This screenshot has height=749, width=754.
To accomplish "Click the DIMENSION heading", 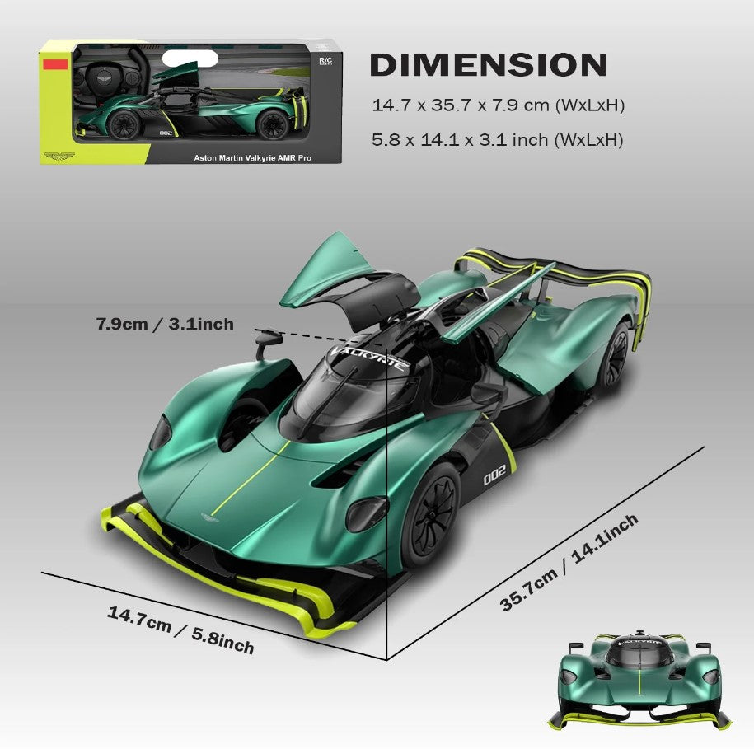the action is click(488, 65).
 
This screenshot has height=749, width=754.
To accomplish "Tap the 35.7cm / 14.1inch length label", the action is click(569, 562).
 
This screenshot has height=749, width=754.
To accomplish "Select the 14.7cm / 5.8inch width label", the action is click(180, 630).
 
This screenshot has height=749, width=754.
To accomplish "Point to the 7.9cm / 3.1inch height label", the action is click(165, 324).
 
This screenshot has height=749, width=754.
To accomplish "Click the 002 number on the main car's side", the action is click(494, 475).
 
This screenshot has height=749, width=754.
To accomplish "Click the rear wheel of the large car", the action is click(614, 356).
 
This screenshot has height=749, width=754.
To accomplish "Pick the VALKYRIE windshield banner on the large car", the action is click(369, 357).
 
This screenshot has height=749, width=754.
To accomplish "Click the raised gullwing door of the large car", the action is click(332, 272).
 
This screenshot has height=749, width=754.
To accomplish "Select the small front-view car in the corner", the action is click(639, 681).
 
